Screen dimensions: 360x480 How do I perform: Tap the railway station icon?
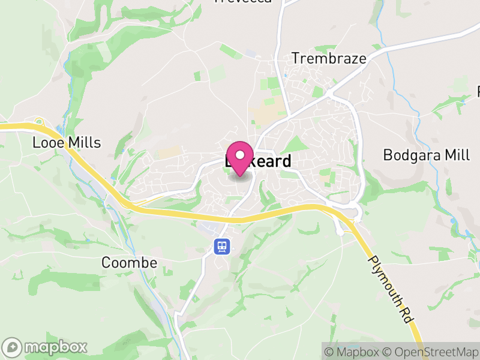pos(222,246)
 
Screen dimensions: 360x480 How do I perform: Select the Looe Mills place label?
pos(67,143)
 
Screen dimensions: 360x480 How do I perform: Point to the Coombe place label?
pos(129,263)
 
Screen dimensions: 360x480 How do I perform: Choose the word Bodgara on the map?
pos(412,155)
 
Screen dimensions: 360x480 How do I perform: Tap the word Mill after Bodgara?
pos(456,155)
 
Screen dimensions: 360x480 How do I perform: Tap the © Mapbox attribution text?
pos(352,351)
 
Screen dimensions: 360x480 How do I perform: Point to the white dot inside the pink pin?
pos(240,155)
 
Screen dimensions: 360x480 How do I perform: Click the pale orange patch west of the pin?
pos(170,152)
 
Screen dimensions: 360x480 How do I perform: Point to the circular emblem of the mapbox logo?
pos(13,347)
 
